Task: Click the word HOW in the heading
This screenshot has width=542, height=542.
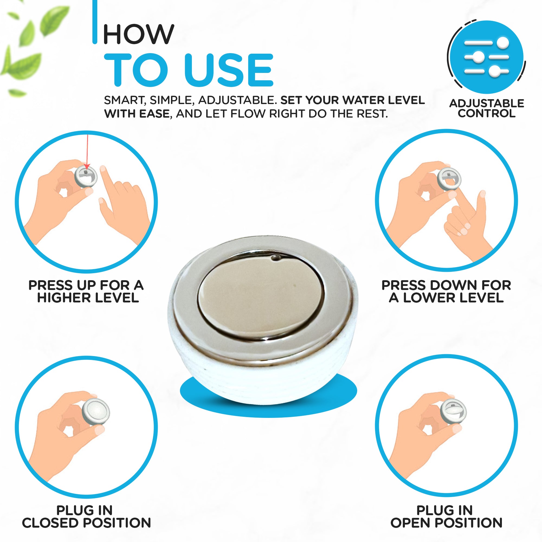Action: (139, 34)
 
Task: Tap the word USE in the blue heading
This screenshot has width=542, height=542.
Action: (229, 70)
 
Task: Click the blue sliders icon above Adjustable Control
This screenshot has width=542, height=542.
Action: (486, 57)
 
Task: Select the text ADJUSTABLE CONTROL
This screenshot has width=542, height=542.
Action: (487, 108)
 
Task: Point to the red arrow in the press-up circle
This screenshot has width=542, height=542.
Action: (87, 152)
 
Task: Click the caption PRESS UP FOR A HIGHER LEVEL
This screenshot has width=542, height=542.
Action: (86, 292)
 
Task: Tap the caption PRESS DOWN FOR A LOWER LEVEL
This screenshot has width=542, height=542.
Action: (446, 292)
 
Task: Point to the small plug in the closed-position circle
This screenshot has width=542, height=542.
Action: (96, 412)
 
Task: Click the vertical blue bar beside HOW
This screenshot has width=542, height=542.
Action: (95, 22)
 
